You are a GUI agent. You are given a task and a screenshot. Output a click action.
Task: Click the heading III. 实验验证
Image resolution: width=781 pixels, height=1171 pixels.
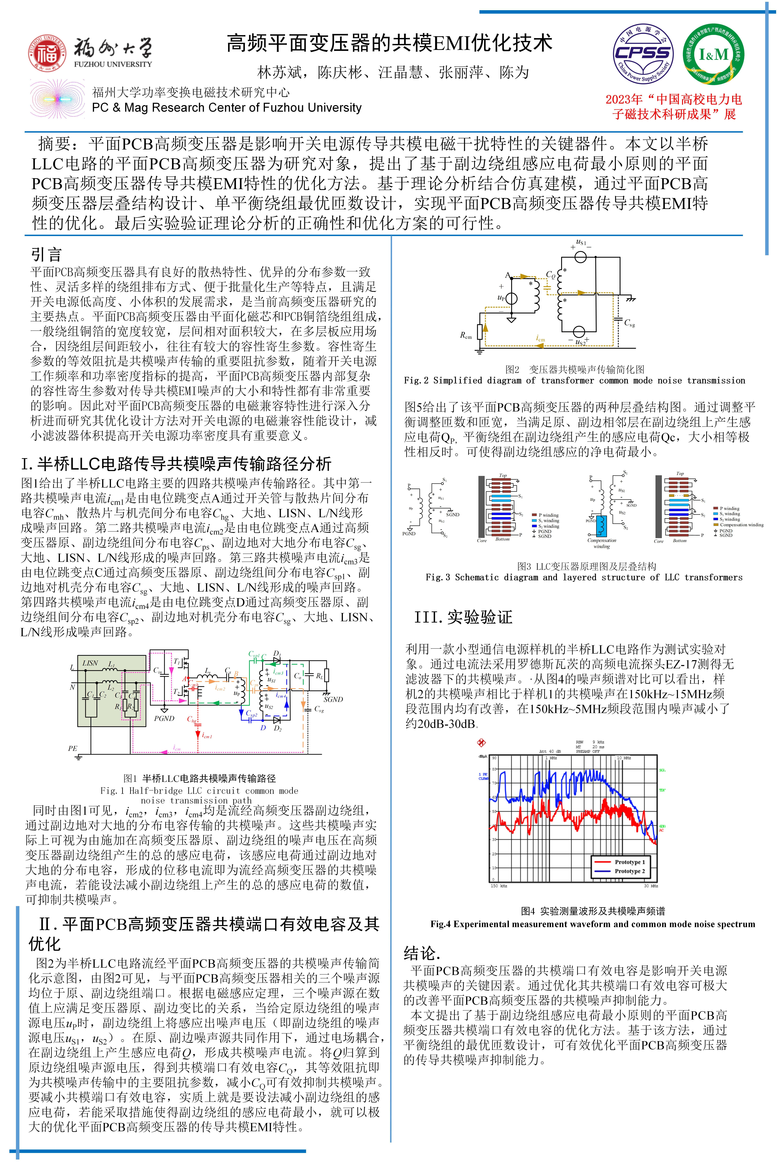[463, 617]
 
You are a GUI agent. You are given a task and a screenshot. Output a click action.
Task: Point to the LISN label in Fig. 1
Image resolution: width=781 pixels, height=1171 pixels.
[90, 663]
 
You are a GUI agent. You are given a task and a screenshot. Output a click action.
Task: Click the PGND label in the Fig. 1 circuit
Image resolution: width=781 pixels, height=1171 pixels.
[164, 718]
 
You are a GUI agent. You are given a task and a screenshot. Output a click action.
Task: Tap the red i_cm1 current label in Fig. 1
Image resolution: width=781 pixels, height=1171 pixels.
[207, 735]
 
